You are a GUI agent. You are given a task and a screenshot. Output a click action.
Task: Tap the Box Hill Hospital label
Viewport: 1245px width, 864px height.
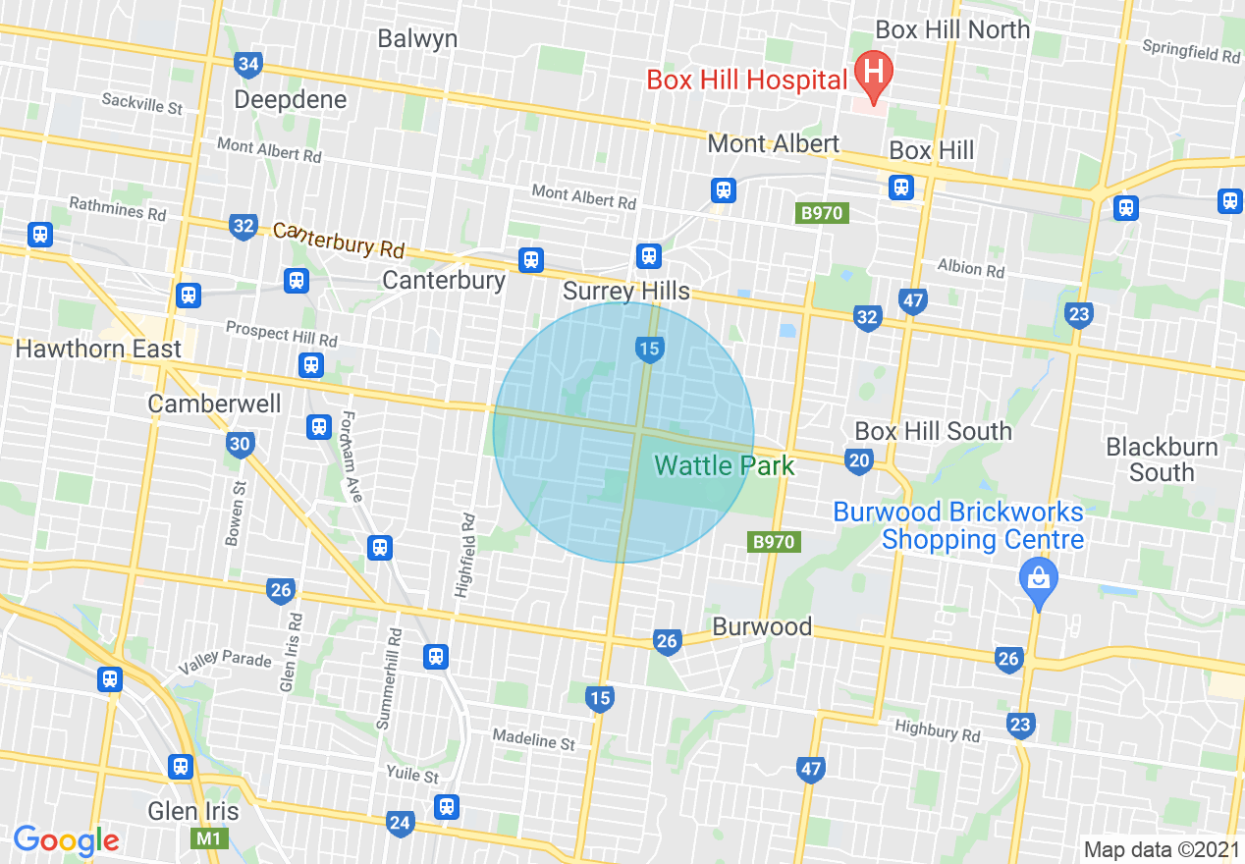click(x=746, y=80)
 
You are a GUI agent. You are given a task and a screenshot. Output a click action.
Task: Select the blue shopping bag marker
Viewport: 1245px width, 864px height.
click(x=1038, y=575)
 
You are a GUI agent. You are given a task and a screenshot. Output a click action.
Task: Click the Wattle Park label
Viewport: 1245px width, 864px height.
click(x=725, y=464)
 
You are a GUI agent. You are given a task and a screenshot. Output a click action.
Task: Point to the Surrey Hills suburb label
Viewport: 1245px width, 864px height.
click(x=626, y=292)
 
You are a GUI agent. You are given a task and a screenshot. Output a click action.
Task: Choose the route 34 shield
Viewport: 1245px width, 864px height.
click(x=248, y=66)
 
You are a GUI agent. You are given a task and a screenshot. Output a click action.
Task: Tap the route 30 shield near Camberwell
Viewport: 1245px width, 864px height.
click(x=240, y=444)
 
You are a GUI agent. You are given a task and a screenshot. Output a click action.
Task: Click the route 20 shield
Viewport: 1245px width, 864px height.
click(x=858, y=459)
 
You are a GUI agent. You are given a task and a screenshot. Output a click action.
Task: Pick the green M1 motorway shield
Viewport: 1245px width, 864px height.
click(x=205, y=838)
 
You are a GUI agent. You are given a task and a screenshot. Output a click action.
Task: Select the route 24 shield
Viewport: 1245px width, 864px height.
click(x=400, y=823)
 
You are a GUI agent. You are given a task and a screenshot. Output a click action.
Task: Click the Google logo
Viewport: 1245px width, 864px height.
click(x=66, y=840)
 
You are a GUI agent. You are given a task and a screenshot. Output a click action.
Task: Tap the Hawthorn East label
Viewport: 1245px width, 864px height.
click(x=98, y=349)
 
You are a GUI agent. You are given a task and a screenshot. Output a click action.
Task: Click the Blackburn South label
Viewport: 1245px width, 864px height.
click(x=1162, y=459)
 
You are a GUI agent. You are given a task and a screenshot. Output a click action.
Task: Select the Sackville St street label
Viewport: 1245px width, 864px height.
click(x=142, y=103)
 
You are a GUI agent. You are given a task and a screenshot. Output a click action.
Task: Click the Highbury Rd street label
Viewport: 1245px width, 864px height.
click(x=937, y=731)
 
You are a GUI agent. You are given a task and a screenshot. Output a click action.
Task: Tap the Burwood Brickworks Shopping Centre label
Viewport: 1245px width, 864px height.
click(x=958, y=525)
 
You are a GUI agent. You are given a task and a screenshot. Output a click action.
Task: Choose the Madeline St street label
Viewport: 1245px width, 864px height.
click(x=533, y=739)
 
